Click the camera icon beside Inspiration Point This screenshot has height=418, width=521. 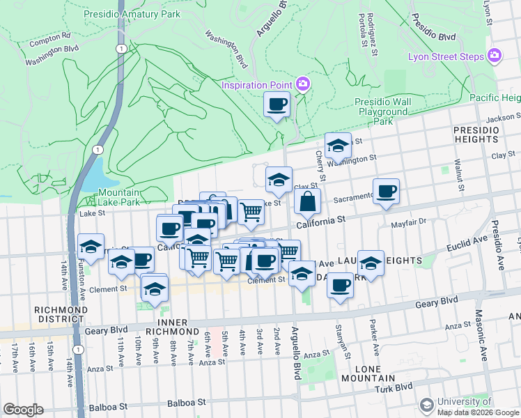point(303,85)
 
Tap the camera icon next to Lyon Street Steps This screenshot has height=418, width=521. point(495,56)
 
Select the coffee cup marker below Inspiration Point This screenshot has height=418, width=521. point(277,105)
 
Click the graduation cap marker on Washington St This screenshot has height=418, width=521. point(338,146)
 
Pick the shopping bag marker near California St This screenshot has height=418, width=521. point(306,203)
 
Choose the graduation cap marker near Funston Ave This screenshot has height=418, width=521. point(91,247)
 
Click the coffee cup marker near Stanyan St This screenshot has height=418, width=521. point(340,286)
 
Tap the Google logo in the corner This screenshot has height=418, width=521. point(23,410)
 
